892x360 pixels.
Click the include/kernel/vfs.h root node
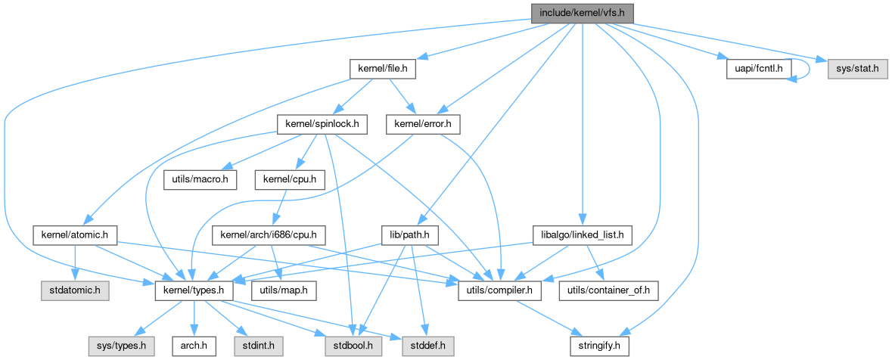pos(582,13)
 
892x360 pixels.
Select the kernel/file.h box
pos(383,69)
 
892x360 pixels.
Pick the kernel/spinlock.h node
pos(322,123)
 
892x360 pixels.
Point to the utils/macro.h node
pos(200,179)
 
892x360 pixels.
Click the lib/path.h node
pos(410,234)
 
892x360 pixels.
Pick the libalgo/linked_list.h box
pos(583,234)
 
